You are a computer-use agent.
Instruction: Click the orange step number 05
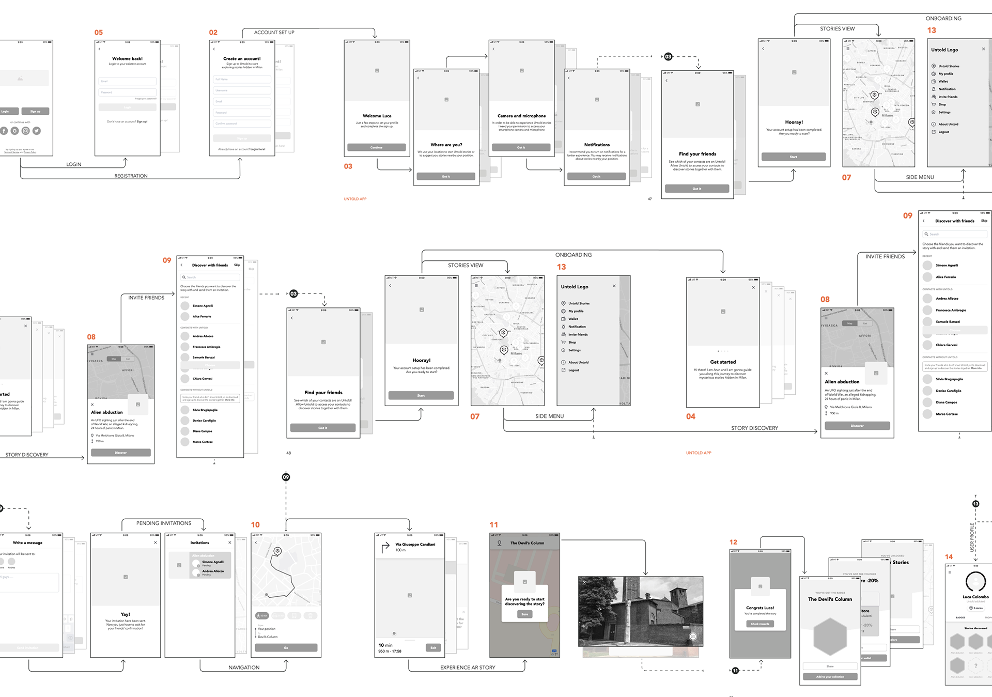[99, 33]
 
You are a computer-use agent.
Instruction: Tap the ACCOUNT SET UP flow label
[274, 33]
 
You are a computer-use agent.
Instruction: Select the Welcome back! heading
[127, 59]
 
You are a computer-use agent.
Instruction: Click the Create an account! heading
[242, 59]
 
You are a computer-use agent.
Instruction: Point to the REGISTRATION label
[131, 176]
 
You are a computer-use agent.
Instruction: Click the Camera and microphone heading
[521, 116]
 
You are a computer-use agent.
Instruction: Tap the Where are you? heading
[446, 145]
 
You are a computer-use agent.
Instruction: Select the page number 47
[649, 199]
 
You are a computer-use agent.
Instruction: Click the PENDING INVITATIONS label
[164, 523]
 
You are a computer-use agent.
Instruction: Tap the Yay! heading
[125, 614]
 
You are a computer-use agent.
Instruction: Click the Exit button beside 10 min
[433, 648]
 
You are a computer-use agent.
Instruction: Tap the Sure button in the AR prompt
[524, 614]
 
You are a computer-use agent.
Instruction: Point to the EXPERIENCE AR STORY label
[468, 668]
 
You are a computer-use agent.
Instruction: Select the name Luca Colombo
[975, 597]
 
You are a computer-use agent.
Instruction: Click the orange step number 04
[690, 416]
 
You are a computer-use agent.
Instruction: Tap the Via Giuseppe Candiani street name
[415, 545]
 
